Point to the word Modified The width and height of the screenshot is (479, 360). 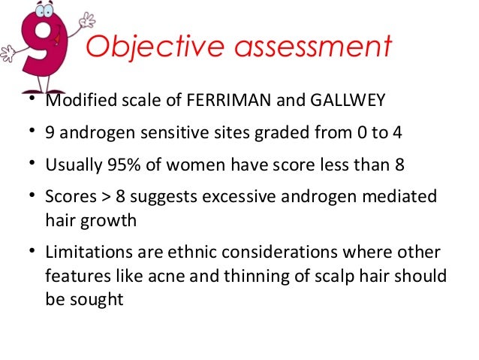tap(73, 102)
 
